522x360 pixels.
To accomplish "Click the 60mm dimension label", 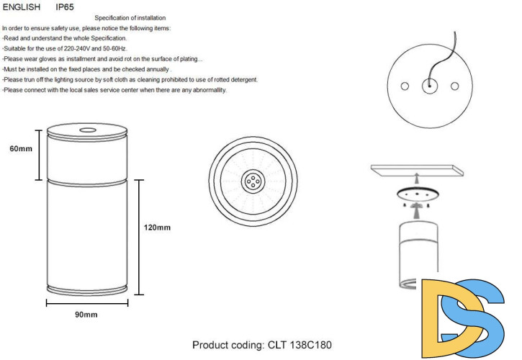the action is click(21, 148).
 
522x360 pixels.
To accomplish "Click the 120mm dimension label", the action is click(157, 228).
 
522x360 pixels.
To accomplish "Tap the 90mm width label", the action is click(86, 315).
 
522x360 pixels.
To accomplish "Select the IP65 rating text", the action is click(65, 7).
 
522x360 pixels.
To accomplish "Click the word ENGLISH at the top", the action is click(22, 7).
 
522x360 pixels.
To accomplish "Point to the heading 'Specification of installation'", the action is click(130, 18).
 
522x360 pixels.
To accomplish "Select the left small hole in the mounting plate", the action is click(405, 86).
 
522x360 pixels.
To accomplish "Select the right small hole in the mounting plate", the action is click(455, 86).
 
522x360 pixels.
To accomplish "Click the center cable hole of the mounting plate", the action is click(429, 86).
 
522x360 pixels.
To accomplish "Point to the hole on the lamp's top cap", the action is click(88, 130).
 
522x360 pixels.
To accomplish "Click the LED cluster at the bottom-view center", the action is click(253, 181).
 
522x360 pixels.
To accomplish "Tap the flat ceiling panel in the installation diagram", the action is click(417, 170).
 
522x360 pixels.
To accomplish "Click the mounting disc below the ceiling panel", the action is click(417, 194).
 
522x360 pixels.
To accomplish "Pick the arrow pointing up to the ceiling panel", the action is click(416, 179).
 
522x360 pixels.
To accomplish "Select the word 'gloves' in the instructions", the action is click(48, 59).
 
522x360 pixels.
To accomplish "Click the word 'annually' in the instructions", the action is click(156, 69).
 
